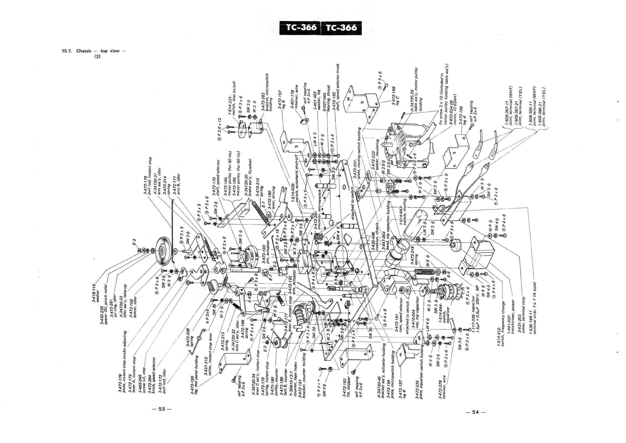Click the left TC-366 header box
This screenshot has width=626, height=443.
[x=301, y=28]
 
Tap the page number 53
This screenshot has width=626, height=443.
[x=162, y=409]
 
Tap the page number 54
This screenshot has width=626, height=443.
[x=475, y=412]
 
